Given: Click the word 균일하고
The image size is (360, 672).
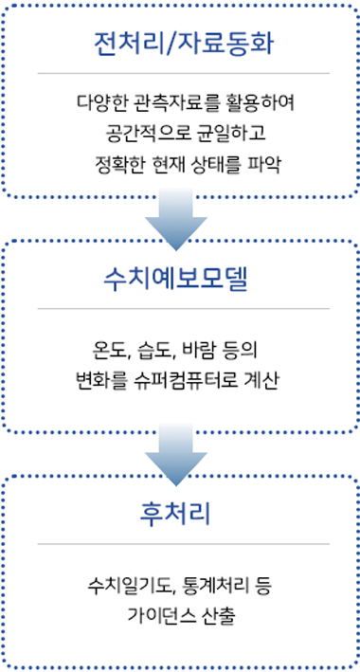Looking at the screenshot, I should click(215, 133).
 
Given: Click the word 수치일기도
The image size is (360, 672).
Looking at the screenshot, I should click(124, 581).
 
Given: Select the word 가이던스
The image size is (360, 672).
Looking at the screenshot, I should click(158, 612).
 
